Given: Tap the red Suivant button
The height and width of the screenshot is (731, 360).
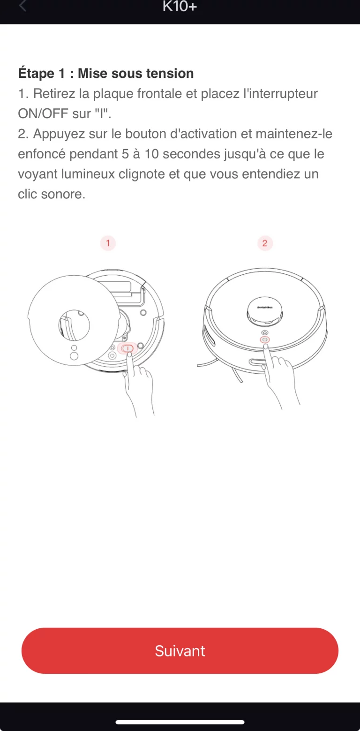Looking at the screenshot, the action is pos(180,650).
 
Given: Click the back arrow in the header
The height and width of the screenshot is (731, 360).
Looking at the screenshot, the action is pos(22,6).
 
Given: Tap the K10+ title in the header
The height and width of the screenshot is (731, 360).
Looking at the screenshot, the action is pos(180,6).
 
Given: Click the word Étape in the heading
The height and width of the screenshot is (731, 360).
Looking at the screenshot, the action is pos(36,73).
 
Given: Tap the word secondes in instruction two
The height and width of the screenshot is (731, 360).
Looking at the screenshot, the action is pos(192,154).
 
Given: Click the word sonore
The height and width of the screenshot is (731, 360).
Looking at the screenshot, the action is pos(63,194).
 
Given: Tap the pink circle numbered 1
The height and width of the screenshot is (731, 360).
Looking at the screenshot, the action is pos(108,243).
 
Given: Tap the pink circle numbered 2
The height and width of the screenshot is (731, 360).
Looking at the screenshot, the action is pos(265,243).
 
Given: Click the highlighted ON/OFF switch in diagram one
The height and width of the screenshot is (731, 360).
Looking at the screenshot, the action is pos(127,348).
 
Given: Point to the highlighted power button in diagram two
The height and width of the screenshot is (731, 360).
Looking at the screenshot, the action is pos(265,340).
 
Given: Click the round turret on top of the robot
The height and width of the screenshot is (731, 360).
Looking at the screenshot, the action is pos(264,311).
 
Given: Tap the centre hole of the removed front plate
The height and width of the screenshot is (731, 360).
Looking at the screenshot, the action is pos(74,325).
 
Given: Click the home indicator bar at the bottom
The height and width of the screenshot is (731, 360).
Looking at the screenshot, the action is pos(180,722).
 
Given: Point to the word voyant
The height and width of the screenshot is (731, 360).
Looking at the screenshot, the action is pos(37,174).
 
